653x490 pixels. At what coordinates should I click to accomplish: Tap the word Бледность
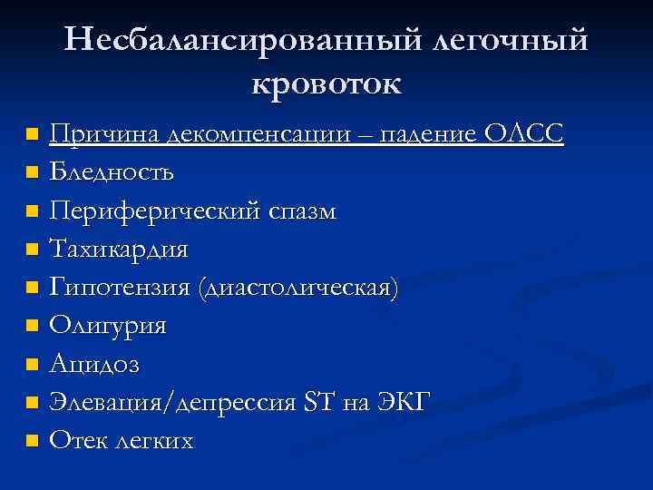point(112,171)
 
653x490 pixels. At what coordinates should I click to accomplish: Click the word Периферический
point(154,211)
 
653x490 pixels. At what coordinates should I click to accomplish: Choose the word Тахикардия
point(120,249)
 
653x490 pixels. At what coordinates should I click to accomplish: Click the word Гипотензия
point(119,287)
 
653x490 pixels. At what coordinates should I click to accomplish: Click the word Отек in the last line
point(78,441)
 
